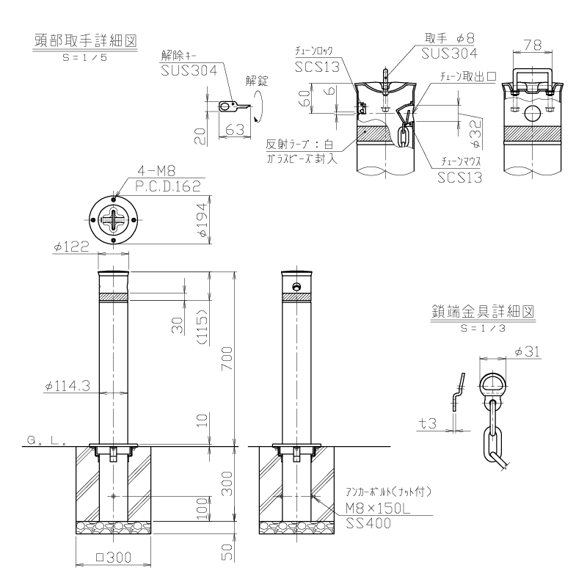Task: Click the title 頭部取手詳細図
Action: point(86,40)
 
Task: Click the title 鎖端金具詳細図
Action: point(483,311)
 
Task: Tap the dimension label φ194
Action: point(203,220)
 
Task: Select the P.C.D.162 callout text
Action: point(168,186)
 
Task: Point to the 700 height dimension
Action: point(227,358)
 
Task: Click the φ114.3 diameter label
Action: point(68,386)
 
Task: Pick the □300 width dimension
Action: point(114,558)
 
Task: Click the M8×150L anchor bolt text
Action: point(378,508)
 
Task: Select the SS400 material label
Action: point(368,523)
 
